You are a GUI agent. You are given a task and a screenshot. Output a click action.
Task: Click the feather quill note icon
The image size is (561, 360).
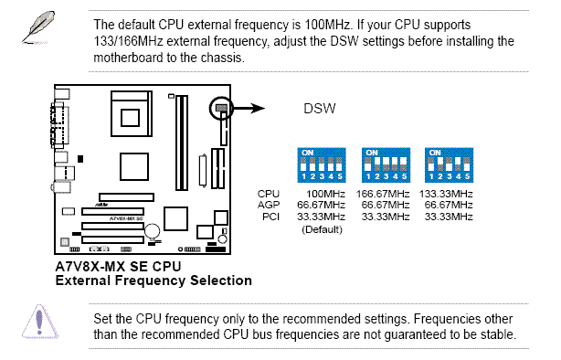click(x=38, y=27)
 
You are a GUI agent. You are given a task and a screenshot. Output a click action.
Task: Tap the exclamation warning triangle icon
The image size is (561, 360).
click(x=40, y=322)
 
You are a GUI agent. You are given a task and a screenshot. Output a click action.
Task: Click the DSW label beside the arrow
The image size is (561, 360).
click(x=320, y=109)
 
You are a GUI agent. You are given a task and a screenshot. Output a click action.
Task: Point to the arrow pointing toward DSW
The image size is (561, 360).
click(x=249, y=108)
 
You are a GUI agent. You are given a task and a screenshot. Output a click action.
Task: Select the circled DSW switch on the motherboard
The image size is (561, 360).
click(x=221, y=108)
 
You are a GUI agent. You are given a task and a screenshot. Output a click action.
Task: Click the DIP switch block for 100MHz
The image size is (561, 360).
click(x=322, y=165)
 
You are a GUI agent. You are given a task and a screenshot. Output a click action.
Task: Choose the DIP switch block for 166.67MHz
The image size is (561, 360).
click(x=386, y=165)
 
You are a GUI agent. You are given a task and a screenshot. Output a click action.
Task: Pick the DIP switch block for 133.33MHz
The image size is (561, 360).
click(x=449, y=165)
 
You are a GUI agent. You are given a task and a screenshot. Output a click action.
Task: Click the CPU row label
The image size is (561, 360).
click(x=269, y=194)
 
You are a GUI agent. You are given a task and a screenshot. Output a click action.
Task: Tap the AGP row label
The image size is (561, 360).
click(x=269, y=205)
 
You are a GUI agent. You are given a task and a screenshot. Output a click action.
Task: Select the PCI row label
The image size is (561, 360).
click(x=270, y=217)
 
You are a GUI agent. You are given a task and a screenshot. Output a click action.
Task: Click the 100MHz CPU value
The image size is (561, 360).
click(x=325, y=194)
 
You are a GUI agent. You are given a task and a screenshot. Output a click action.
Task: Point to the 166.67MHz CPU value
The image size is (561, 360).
click(x=383, y=194)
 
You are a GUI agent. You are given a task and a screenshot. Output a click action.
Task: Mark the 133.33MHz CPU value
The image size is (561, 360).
click(x=446, y=194)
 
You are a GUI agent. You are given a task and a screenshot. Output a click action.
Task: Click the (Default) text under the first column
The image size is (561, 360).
click(x=322, y=229)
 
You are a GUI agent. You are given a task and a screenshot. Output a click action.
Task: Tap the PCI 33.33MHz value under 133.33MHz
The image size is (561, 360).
click(x=449, y=217)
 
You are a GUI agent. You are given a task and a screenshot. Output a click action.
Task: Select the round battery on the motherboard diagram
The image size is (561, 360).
click(x=152, y=231)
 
